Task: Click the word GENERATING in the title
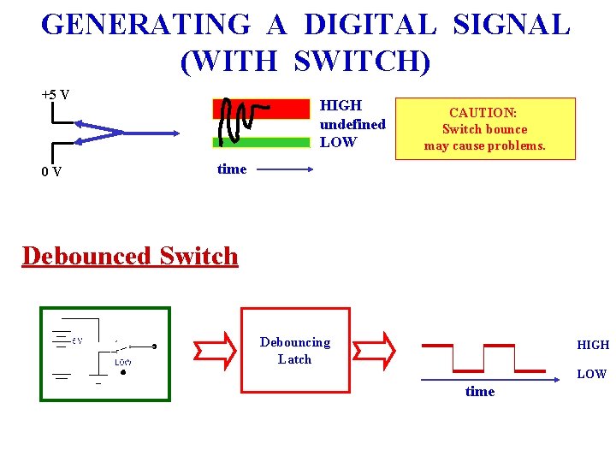[x=145, y=24]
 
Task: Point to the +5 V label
[x=56, y=94]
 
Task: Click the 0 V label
[x=50, y=171]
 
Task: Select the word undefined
[x=352, y=124]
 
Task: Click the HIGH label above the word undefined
[x=341, y=105]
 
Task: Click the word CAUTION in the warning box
[x=483, y=113]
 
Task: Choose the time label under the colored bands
[x=231, y=169]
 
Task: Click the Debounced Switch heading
[x=130, y=256]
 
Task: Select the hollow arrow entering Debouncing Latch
[x=212, y=350]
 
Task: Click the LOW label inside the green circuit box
[x=123, y=362]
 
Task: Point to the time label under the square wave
[x=479, y=391]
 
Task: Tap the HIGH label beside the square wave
[x=592, y=345]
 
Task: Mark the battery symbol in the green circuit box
[x=62, y=341]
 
